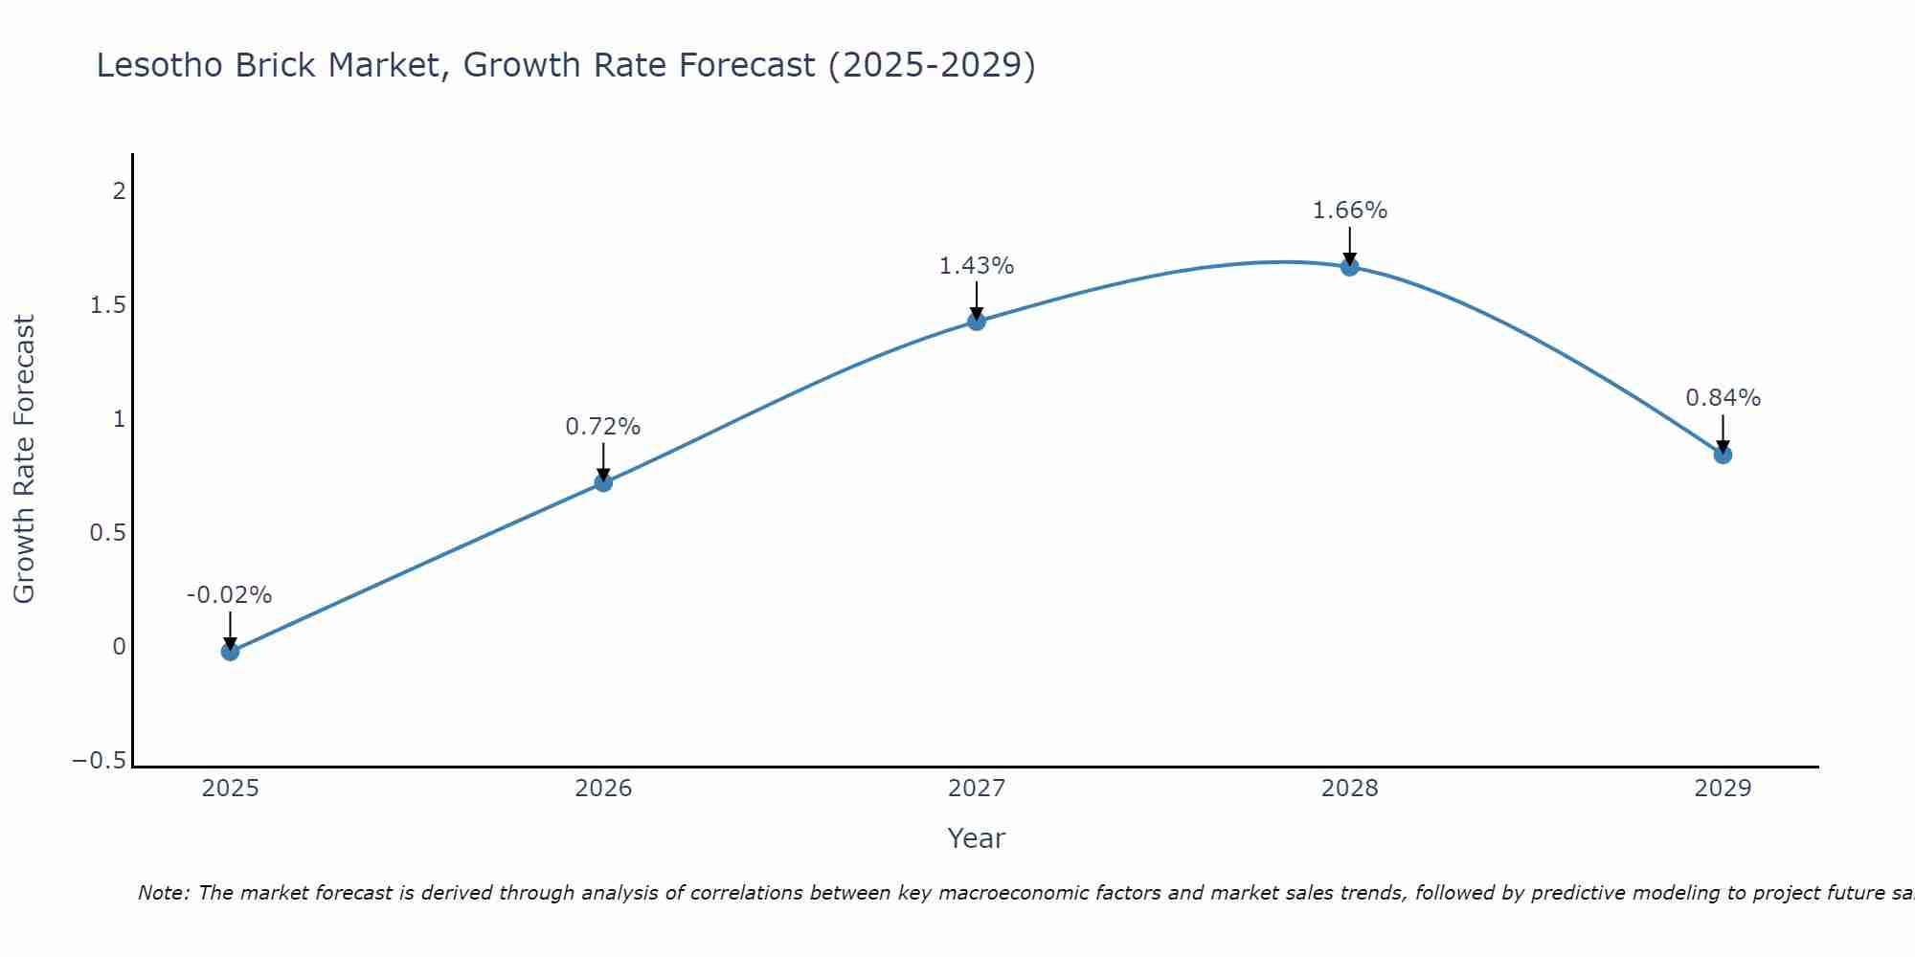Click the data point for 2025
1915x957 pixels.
230,652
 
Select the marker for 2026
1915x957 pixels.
603,482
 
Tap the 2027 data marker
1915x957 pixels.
977,322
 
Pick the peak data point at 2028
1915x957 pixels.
1350,267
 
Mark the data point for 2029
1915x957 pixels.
1723,455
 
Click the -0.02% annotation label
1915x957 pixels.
229,595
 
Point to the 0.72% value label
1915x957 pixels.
602,427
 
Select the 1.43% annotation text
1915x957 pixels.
976,266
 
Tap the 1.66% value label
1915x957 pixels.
1349,211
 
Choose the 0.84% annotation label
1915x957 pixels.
1723,398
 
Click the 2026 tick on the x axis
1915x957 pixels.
603,789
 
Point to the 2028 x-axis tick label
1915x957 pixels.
1350,789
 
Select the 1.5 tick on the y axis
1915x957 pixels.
108,305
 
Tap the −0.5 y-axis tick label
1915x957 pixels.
100,761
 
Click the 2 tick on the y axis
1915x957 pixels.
119,191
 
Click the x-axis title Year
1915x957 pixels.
976,838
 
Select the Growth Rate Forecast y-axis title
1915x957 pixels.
24,459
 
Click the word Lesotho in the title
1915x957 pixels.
160,65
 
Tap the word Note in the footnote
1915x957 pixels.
162,893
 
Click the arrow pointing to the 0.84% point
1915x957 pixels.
1723,434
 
